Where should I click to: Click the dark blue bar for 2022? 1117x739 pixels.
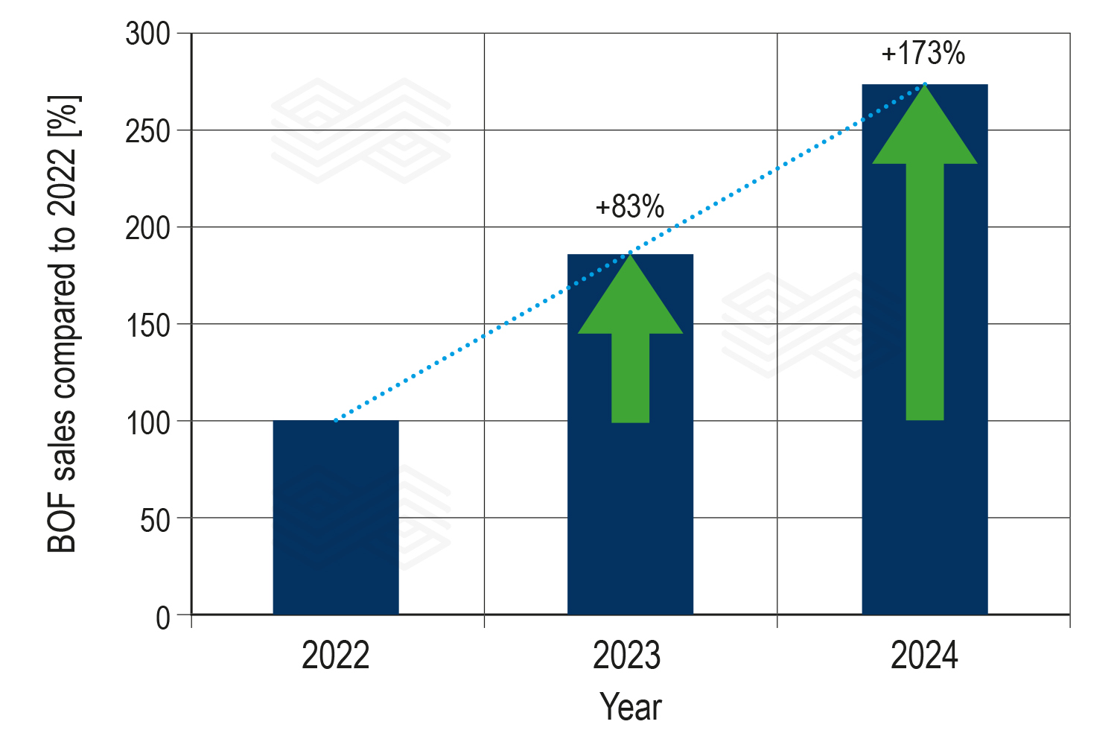(x=335, y=517)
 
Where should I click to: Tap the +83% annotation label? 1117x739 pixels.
(x=629, y=207)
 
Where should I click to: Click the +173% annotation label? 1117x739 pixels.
(x=923, y=54)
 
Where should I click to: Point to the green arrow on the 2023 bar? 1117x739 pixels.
(x=630, y=350)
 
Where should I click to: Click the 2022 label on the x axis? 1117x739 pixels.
(x=335, y=656)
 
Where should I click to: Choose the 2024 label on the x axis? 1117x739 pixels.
(x=924, y=656)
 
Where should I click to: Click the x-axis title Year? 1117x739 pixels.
(x=630, y=707)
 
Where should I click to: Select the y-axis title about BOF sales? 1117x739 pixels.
(x=63, y=324)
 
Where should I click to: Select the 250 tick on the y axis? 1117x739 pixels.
(x=148, y=132)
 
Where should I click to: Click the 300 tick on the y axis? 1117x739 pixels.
(x=148, y=34)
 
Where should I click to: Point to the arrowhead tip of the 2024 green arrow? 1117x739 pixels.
(x=925, y=85)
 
